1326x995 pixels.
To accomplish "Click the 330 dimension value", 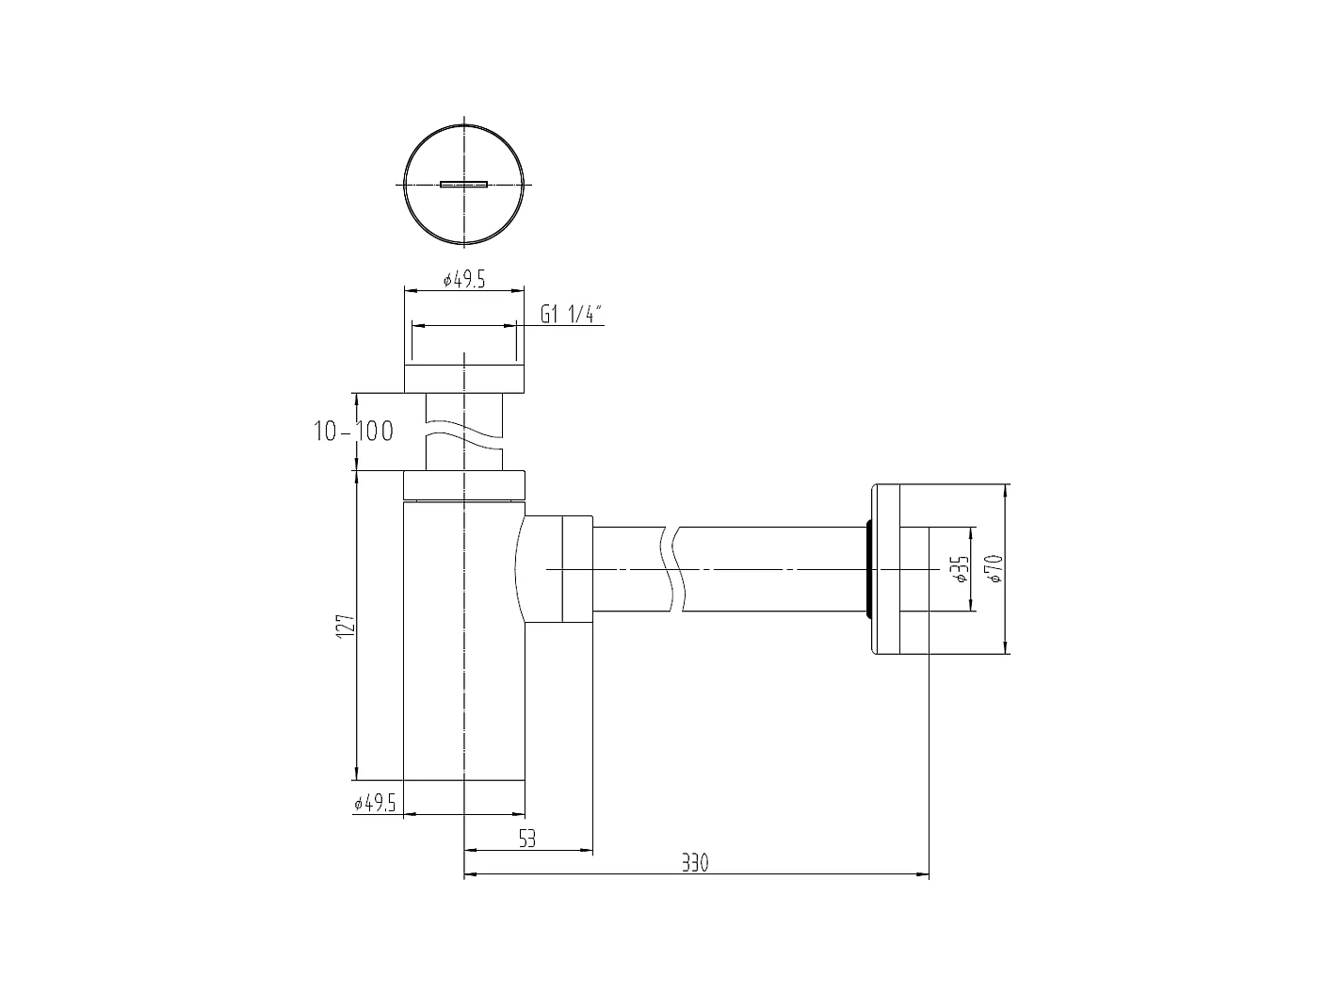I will tap(694, 863).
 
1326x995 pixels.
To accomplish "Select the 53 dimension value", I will tap(527, 839).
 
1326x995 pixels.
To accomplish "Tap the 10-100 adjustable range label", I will tap(353, 432).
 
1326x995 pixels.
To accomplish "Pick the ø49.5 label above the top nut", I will tap(463, 281).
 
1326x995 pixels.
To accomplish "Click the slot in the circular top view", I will tap(463, 185).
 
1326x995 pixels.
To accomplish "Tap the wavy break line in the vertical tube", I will tap(463, 439).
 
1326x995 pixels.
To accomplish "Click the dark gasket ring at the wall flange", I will tap(867, 569).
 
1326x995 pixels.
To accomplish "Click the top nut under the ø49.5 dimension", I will tap(463, 376).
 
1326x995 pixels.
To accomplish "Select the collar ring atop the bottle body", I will tap(463, 484).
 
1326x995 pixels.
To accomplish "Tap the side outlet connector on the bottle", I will tap(556, 569).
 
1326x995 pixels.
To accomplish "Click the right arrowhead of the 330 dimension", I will tap(924, 875).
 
